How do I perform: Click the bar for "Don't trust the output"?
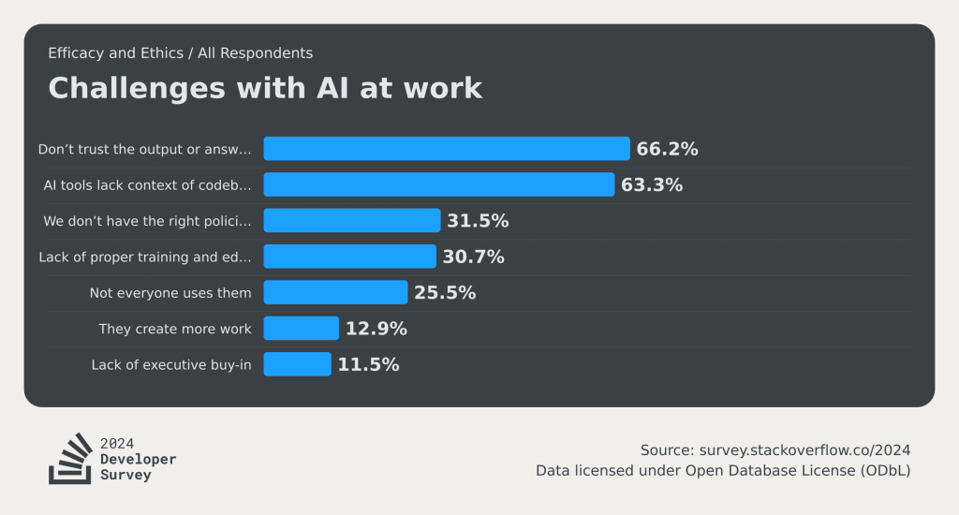click(446, 149)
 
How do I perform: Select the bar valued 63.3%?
click(438, 184)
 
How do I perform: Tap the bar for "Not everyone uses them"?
click(335, 292)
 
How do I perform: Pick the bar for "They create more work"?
click(301, 329)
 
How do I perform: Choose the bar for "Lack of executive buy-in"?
click(297, 364)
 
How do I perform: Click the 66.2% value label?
click(667, 149)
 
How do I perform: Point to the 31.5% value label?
click(477, 221)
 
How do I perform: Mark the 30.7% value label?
click(473, 257)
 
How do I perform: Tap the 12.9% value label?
click(376, 329)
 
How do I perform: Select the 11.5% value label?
click(368, 364)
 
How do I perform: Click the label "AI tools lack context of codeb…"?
click(147, 185)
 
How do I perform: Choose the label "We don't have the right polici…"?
click(147, 221)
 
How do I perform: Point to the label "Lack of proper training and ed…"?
click(145, 257)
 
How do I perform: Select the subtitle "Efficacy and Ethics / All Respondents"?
click(181, 53)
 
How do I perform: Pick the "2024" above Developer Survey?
click(117, 444)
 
